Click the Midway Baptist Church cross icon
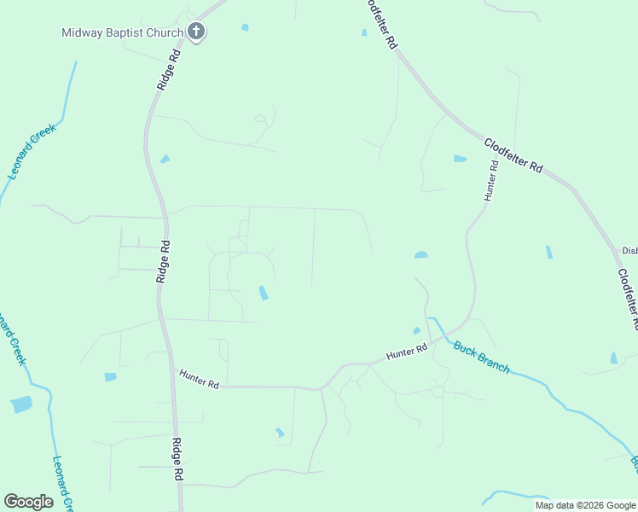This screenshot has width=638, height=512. pos(196,33)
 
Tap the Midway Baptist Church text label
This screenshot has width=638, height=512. pos(122,33)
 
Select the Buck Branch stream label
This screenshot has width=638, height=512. pos(481,357)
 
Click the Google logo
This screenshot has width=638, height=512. pos(28,502)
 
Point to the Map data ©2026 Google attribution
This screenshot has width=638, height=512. pos(585,505)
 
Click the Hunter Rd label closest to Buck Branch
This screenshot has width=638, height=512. pos(406,352)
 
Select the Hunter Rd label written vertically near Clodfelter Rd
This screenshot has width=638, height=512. pos(490,179)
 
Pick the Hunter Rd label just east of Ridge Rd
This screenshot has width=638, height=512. pos(199,379)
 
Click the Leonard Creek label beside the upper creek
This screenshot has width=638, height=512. pos(32,151)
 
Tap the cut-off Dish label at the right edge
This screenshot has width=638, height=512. pos(629,251)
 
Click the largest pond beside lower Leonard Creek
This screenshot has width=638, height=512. pos(21,404)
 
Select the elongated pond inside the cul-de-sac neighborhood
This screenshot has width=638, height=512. pos(263,293)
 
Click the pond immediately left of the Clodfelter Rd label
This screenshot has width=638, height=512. pos(461,159)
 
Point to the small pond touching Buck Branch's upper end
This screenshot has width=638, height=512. pos(417,330)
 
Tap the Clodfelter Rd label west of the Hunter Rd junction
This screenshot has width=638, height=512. pos(513,156)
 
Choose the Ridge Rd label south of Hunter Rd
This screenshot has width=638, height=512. pos(179,459)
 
